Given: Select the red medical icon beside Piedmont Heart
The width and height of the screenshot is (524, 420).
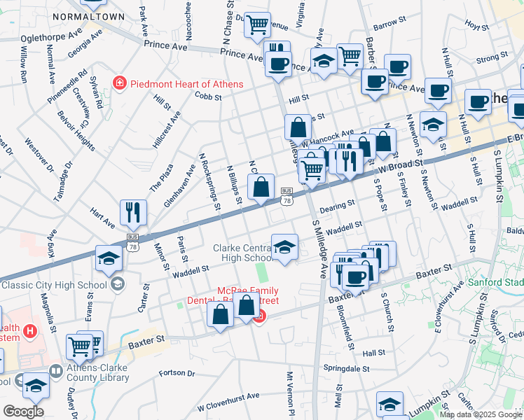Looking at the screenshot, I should click(x=119, y=84).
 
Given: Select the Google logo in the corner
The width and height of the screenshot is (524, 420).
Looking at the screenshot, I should click(x=22, y=412).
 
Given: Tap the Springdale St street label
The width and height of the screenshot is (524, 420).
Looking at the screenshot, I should click(x=346, y=367).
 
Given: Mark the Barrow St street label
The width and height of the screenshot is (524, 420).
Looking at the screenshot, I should click(x=385, y=25).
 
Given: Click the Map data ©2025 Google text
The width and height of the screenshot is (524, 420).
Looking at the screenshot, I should click(x=481, y=414).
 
